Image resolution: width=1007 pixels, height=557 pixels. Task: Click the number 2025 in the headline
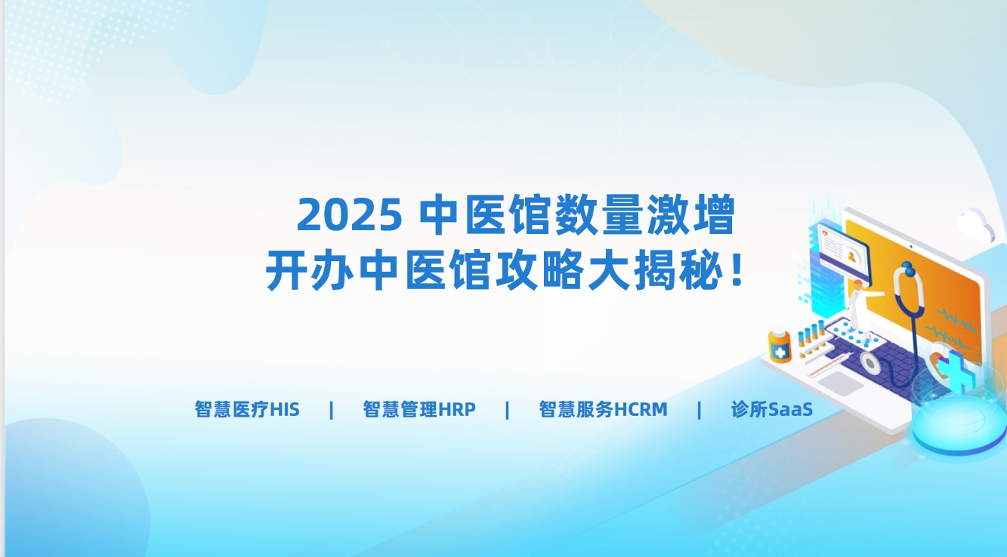349,214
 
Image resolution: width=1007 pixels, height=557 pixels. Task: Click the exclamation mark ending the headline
737,270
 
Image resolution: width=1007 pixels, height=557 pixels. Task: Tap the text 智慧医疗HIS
247,410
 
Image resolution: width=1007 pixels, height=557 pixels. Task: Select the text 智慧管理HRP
419,410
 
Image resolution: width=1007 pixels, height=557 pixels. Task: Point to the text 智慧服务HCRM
604,410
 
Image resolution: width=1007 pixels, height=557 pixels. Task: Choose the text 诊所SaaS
772,410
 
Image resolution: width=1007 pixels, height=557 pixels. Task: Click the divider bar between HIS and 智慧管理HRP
332,410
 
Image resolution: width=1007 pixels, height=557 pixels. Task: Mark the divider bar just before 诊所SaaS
699,410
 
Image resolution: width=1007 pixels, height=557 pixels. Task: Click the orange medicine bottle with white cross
780,346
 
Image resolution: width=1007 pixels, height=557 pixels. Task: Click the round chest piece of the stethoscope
870,364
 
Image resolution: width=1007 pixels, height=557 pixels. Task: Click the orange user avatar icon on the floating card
851,257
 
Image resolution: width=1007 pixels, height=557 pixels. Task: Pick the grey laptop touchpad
841,383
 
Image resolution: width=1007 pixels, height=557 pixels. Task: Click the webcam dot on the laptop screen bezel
911,247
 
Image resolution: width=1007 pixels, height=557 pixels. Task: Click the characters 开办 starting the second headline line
309,270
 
